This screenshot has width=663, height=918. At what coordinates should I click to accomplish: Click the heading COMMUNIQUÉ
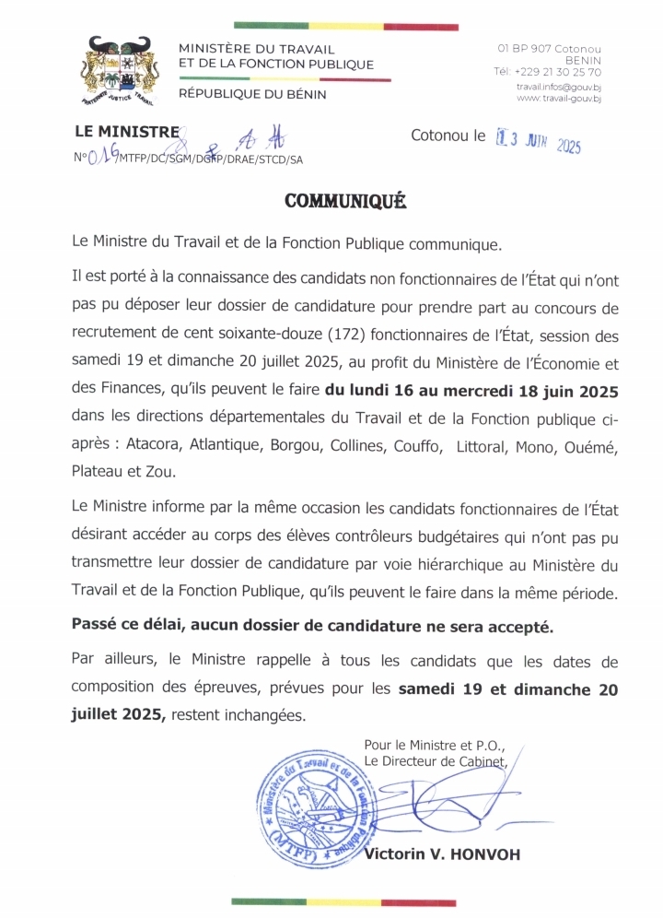pyautogui.click(x=344, y=200)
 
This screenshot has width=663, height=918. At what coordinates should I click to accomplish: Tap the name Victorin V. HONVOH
pyautogui.click(x=442, y=854)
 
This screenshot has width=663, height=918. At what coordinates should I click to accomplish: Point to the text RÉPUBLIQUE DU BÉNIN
pyautogui.click(x=251, y=93)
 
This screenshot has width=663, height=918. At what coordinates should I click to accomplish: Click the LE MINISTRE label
pyautogui.click(x=126, y=132)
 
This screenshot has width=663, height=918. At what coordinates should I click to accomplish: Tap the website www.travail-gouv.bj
pyautogui.click(x=559, y=98)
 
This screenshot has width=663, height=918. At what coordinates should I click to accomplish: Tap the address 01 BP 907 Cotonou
pyautogui.click(x=549, y=47)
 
